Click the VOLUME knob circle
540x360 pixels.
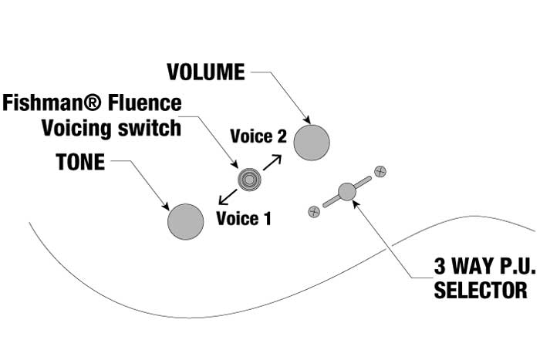(312, 142)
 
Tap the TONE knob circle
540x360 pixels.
(186, 221)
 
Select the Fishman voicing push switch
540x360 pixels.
(250, 179)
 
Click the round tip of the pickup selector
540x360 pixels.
(347, 190)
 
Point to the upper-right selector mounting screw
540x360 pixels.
(379, 170)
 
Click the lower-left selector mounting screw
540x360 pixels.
(313, 210)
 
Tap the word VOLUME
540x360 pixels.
(206, 72)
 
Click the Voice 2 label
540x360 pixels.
(258, 137)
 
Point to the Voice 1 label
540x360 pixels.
(244, 218)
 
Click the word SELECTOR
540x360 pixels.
(481, 291)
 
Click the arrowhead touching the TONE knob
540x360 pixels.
(166, 206)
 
